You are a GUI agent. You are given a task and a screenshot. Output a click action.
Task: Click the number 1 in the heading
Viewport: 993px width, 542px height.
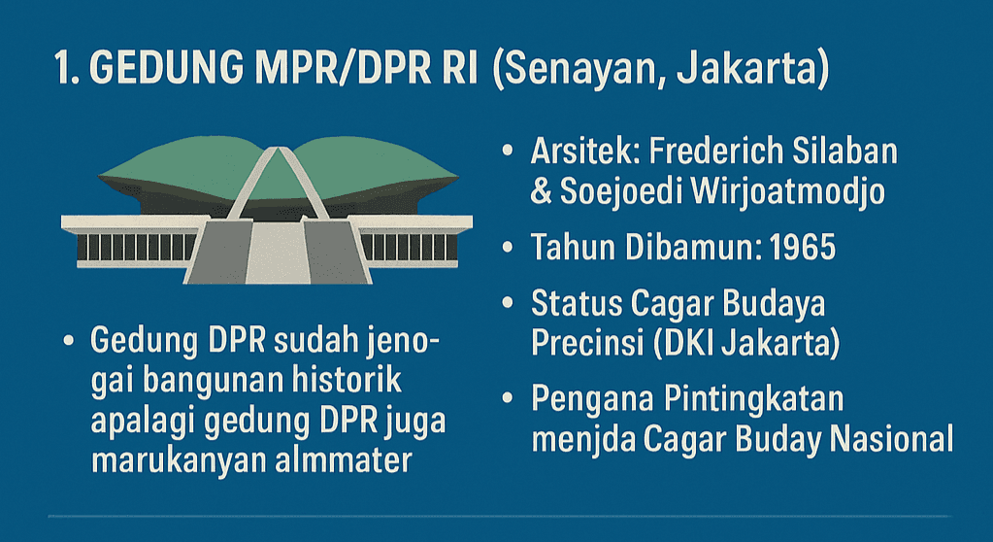pos(63,67)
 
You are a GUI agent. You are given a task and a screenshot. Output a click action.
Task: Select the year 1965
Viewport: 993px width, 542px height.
pos(803,247)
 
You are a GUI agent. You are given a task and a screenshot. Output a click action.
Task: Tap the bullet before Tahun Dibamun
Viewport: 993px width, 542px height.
pos(508,247)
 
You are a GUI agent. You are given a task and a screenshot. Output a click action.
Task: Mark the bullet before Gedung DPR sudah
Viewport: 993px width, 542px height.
pos(69,340)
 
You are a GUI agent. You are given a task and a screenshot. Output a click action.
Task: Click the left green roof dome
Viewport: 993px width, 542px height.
pos(183,165)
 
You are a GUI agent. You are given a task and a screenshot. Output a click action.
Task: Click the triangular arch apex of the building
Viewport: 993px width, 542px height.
pos(278,151)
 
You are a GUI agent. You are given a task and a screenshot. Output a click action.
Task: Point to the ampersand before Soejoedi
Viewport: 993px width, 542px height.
pos(541,192)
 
